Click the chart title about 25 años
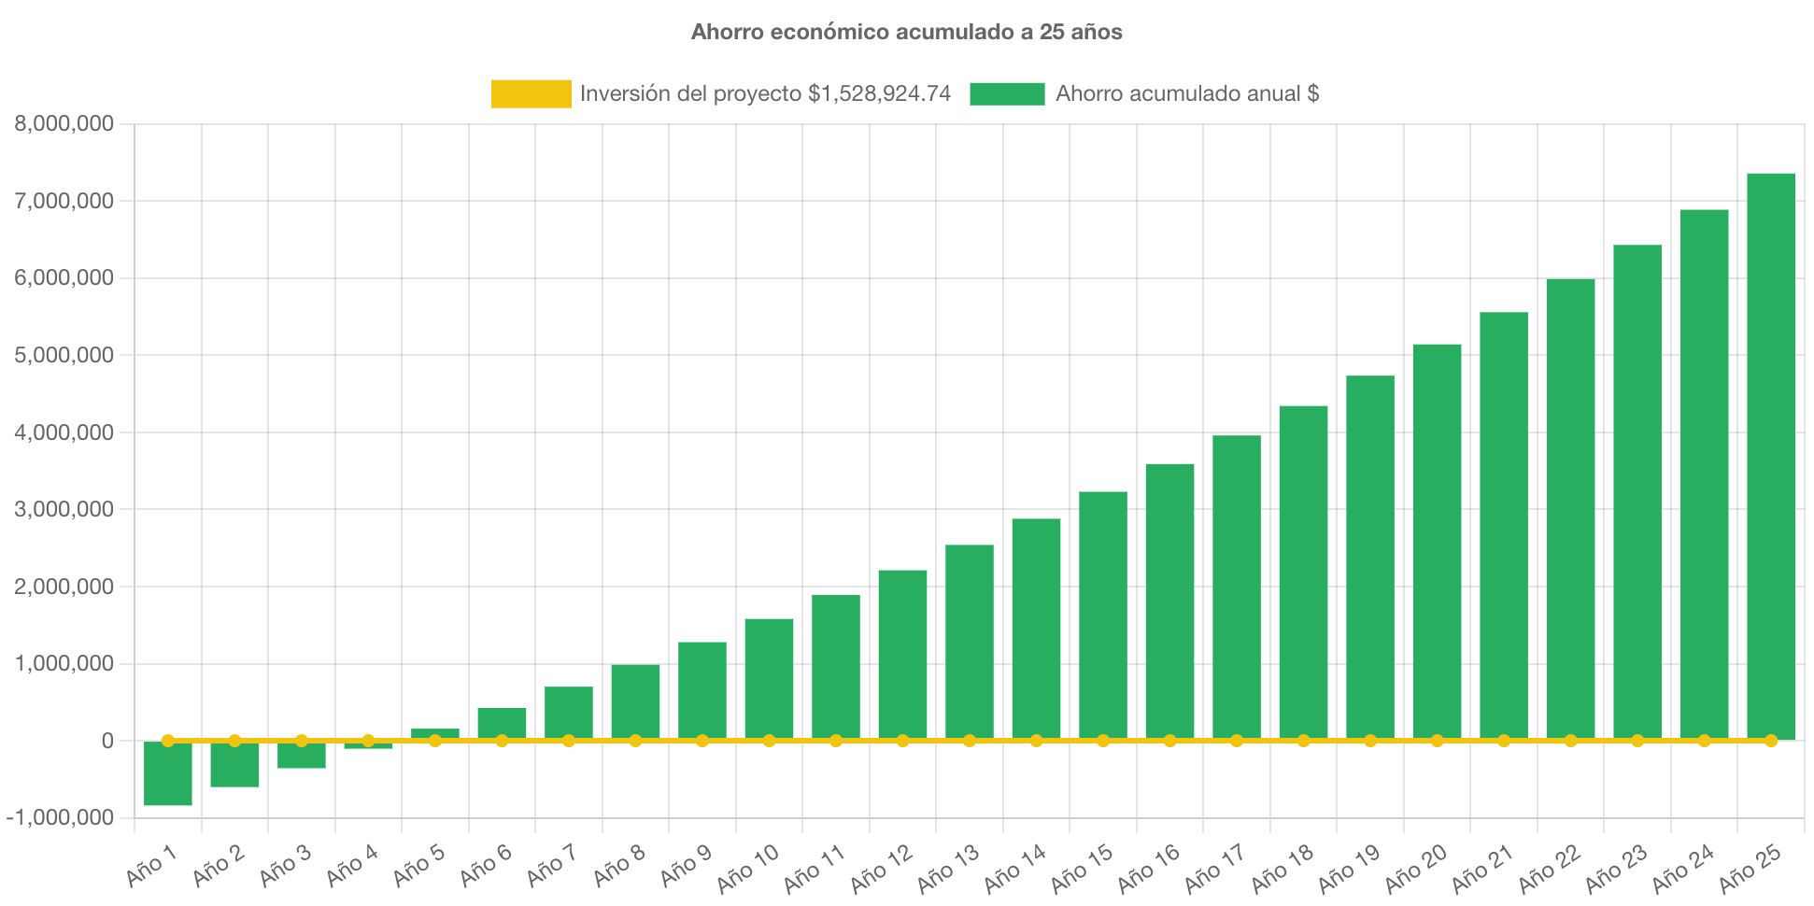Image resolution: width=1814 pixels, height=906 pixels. click(906, 32)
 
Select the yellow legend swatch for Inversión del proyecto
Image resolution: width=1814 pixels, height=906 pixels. click(531, 93)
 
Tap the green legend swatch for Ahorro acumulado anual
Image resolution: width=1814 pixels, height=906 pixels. click(1007, 93)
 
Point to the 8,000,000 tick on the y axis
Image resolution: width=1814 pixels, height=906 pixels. click(64, 123)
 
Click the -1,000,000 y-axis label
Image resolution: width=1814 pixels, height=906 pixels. click(60, 817)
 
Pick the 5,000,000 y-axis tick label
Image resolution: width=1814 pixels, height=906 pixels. click(64, 355)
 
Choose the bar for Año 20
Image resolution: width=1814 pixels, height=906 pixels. click(1437, 542)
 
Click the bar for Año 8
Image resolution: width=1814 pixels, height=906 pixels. click(635, 701)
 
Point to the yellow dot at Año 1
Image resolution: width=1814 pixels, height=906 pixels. click(168, 741)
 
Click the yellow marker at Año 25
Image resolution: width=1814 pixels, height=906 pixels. click(1770, 741)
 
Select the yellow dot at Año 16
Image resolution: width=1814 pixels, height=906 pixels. click(1169, 741)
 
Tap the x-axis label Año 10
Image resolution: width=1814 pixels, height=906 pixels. click(747, 868)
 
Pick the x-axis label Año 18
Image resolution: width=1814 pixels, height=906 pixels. click(1282, 868)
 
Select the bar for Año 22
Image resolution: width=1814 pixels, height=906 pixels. click(1570, 509)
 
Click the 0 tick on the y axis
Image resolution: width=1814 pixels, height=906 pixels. click(107, 741)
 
